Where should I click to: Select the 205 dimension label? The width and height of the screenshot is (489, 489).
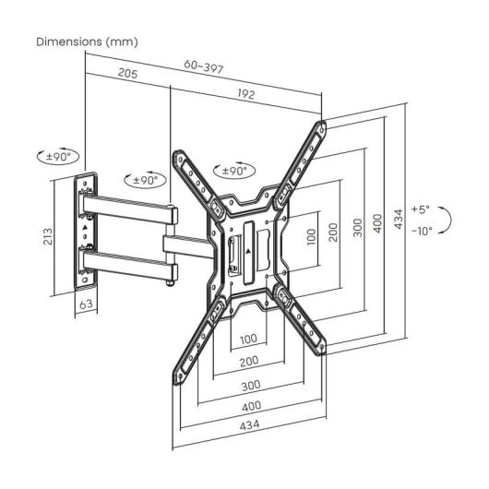click(128, 75)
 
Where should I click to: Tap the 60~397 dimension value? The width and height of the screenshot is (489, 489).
click(203, 66)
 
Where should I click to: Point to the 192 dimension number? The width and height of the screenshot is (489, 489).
click(246, 94)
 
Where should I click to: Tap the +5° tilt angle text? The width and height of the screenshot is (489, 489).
click(421, 210)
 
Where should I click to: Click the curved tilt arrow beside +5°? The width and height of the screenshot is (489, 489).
click(445, 221)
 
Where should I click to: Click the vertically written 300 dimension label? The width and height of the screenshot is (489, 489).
click(354, 227)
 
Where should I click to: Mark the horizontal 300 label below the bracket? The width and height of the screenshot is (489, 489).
click(248, 387)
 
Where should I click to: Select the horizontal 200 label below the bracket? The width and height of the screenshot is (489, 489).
click(248, 361)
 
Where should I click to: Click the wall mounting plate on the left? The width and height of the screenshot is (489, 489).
click(86, 231)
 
